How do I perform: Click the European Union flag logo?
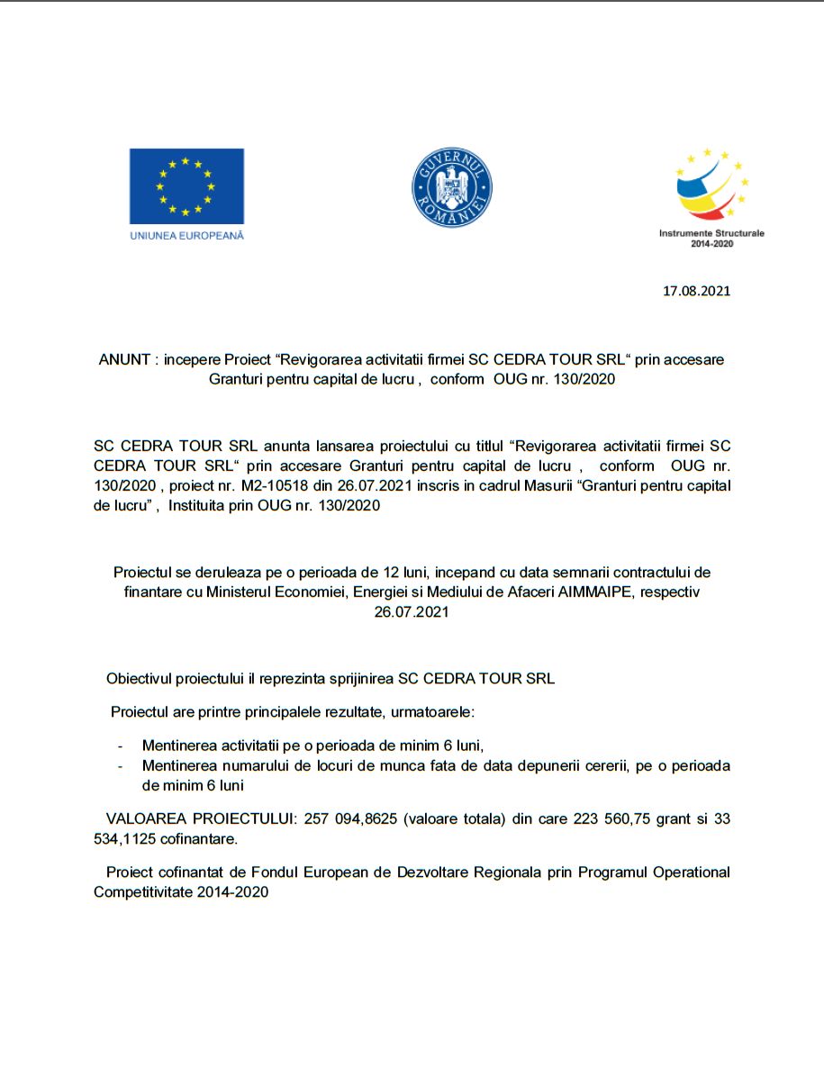click(186, 186)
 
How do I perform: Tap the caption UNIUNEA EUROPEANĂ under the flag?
click(186, 235)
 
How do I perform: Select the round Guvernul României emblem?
click(452, 187)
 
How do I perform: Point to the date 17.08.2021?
click(696, 291)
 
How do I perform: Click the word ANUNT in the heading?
click(124, 359)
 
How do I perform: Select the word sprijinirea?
click(361, 678)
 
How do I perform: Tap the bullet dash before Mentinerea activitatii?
click(121, 746)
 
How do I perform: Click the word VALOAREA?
click(144, 819)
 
